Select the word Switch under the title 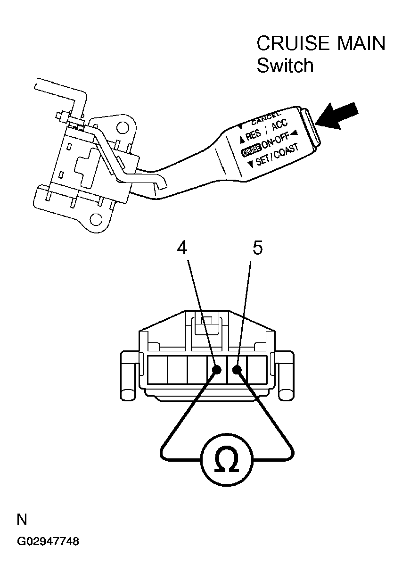pos(285,65)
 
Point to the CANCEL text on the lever pos(265,116)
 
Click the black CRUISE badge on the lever pos(250,151)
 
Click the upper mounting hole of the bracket pos(123,127)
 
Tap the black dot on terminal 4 pos(217,370)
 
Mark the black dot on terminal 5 pos(237,370)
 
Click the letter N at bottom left pos(22,520)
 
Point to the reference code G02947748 pos(48,541)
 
